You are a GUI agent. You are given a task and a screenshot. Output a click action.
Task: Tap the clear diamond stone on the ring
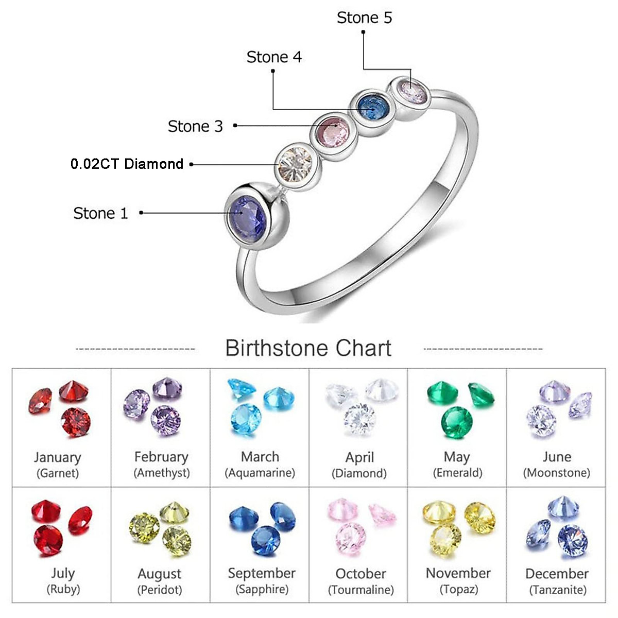point(294,162)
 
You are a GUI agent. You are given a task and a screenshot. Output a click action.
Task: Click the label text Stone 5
point(364,18)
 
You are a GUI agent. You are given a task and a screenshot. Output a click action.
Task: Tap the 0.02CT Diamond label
point(127,164)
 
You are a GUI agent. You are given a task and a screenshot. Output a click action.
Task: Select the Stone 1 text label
point(100,213)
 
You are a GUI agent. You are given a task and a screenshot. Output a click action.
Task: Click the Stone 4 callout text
point(274,57)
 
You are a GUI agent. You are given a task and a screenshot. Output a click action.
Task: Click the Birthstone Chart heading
point(308,349)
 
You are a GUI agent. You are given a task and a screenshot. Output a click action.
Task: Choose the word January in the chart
point(58,457)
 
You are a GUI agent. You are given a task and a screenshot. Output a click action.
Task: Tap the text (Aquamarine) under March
point(260,473)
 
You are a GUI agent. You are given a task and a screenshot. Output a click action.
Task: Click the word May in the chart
point(457,457)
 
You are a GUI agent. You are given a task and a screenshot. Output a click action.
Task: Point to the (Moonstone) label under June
point(557,473)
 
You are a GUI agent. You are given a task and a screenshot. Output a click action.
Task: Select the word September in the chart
point(262,573)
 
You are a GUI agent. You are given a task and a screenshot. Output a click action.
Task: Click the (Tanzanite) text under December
point(558,590)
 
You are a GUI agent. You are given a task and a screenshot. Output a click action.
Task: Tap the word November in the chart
point(458,573)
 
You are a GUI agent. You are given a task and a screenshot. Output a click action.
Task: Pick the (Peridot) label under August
point(160,590)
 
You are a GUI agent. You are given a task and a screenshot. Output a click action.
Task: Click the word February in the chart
point(161,457)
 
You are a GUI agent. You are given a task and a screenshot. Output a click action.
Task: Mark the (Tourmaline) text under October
point(361,590)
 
